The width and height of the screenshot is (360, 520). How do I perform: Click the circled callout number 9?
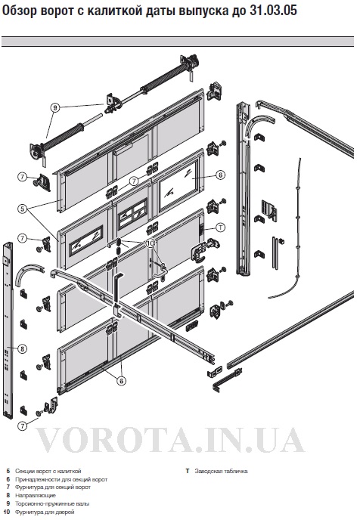click(55, 107)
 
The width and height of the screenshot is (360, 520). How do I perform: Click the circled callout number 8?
click(22, 349)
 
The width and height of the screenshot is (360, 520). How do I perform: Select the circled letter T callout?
click(220, 227)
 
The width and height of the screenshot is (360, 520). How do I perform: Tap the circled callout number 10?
click(151, 243)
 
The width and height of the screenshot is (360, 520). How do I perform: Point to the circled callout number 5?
click(22, 209)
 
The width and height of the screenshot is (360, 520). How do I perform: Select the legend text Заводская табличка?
click(221, 471)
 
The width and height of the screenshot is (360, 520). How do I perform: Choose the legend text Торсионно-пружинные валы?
click(52, 503)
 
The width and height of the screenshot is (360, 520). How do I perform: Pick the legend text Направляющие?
click(36, 496)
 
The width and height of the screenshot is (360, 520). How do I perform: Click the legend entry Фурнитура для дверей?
click(45, 512)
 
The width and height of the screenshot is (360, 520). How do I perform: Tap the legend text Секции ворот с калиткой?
click(48, 471)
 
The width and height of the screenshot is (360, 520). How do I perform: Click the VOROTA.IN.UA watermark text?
click(169, 440)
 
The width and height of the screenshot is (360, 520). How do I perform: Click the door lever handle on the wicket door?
click(160, 270)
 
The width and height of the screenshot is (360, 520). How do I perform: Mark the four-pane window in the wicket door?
click(132, 214)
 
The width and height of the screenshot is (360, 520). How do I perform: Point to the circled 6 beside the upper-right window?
click(220, 175)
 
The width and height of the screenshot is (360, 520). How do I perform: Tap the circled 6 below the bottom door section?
click(122, 381)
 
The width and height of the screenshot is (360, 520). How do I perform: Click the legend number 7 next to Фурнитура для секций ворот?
click(8, 487)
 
